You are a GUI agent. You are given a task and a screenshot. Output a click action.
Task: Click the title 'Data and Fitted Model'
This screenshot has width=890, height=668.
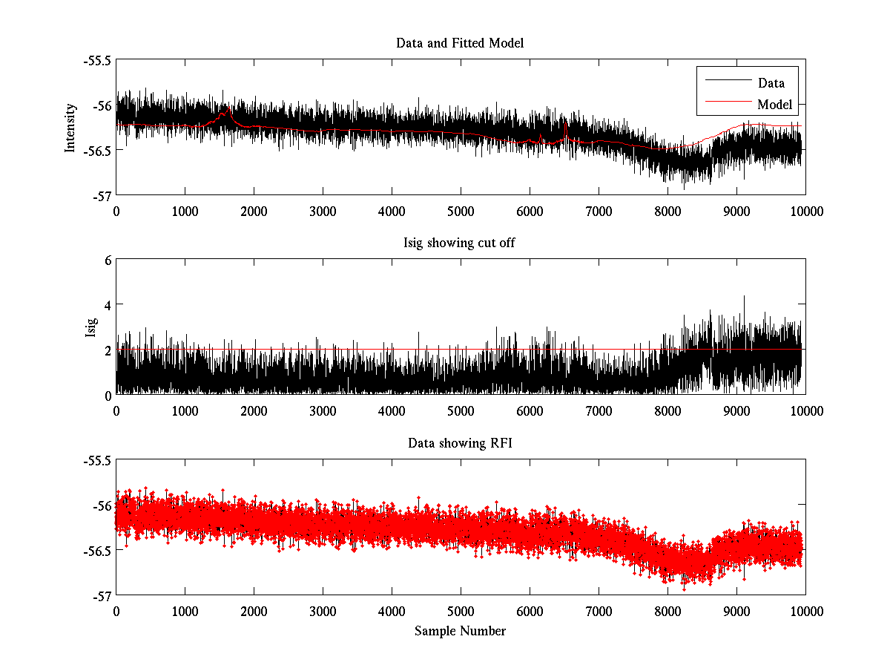click(460, 43)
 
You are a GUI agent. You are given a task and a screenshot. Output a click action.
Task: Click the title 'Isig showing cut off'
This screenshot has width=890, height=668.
click(460, 243)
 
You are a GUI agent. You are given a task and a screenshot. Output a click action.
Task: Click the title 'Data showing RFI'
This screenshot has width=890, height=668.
click(460, 444)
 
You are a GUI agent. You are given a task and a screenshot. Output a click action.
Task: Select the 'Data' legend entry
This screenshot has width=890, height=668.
click(771, 83)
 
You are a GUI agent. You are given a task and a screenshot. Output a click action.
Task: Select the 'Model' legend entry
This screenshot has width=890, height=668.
click(774, 104)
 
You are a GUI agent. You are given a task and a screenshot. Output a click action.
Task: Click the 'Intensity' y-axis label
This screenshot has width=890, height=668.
click(70, 128)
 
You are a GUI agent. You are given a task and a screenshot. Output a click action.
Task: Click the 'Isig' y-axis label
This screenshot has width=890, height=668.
click(91, 327)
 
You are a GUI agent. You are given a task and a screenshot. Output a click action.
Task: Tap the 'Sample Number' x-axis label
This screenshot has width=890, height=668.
click(460, 631)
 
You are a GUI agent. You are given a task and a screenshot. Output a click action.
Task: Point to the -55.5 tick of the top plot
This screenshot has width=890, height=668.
click(97, 60)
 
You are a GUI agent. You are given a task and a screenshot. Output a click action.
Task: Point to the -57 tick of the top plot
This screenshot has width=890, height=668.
click(101, 195)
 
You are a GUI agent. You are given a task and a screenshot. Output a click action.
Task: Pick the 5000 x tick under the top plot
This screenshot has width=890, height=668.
click(461, 211)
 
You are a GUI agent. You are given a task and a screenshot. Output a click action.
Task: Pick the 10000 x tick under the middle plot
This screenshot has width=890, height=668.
click(805, 411)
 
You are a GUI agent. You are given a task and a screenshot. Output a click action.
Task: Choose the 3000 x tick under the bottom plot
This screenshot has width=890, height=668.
click(323, 611)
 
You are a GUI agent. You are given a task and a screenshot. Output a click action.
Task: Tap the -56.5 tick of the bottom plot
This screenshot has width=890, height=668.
click(97, 551)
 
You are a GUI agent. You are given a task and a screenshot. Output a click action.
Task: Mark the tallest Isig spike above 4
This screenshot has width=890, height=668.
click(744, 297)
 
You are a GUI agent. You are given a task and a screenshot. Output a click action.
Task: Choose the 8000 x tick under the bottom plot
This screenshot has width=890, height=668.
click(667, 611)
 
